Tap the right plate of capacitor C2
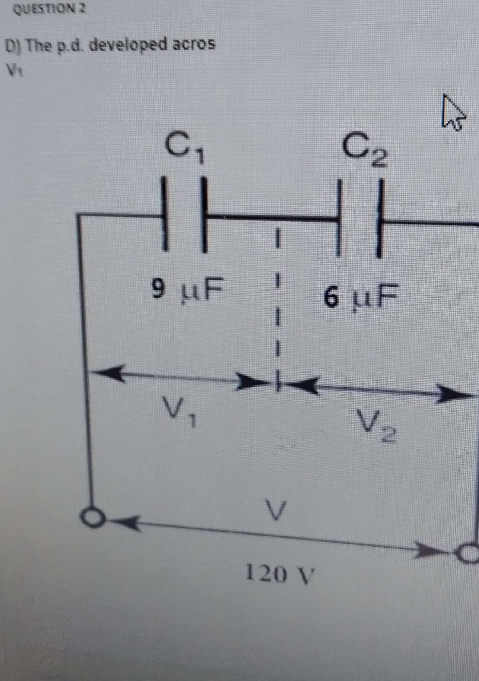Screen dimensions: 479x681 380,219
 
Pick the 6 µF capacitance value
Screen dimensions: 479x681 361,295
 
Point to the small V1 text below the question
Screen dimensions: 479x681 14,72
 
